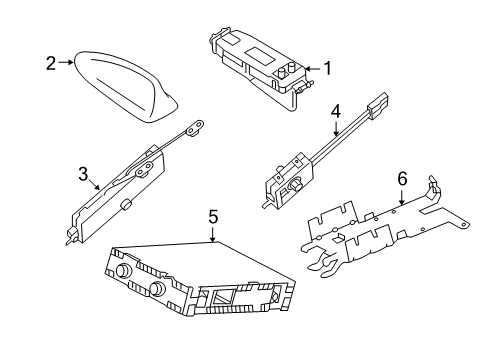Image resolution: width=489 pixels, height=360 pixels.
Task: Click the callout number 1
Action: coord(325,69)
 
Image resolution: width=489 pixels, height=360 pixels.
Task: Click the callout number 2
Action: coord(50,62)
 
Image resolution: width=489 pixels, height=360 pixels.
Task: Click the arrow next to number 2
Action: coord(68,62)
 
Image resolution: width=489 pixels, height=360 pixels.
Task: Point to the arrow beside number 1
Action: coord(310,69)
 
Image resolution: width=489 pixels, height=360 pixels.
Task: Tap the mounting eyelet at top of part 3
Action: coord(198,127)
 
